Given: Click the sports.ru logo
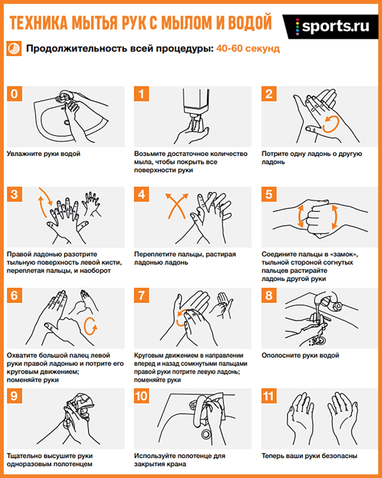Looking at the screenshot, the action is (x=333, y=27).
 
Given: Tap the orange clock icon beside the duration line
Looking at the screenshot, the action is (x=14, y=48).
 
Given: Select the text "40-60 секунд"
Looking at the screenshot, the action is (x=248, y=48).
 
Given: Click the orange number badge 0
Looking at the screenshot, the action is (x=14, y=94).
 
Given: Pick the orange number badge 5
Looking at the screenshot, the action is (x=269, y=194).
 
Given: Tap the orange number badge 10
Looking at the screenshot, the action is (x=142, y=396).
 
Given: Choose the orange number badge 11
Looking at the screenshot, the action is (x=269, y=396).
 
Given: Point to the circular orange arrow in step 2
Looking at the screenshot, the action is (x=331, y=124).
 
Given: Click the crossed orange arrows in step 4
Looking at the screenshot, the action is (x=177, y=206).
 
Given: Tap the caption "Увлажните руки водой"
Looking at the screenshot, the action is (x=43, y=154).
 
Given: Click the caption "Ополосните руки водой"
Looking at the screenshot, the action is (x=300, y=355).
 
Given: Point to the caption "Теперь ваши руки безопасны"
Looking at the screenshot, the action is (x=310, y=456).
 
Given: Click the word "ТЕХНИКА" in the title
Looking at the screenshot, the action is (x=39, y=23).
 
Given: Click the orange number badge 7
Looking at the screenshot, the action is (x=142, y=295).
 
